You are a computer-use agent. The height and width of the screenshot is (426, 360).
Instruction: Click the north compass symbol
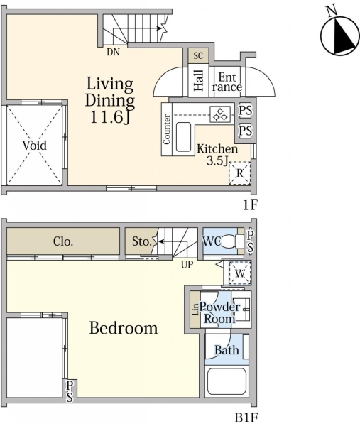[x=339, y=35]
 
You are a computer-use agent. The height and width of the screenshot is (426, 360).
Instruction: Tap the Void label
[x=35, y=146]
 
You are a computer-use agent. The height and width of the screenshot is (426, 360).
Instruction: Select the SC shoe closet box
[x=198, y=55]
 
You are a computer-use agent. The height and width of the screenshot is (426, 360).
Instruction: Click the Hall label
[x=198, y=80]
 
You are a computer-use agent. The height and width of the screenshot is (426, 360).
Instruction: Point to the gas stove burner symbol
[x=220, y=114]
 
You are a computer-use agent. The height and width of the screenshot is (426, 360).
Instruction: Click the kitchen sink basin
[x=183, y=136]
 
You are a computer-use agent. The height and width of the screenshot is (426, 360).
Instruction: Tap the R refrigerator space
[x=239, y=173]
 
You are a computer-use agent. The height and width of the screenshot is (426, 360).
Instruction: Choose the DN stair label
[x=113, y=52]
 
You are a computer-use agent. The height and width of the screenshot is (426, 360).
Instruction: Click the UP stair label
[x=187, y=264]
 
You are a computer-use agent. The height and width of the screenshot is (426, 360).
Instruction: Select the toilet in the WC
[x=234, y=241]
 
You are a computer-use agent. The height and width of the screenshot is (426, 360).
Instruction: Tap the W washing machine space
[x=239, y=273]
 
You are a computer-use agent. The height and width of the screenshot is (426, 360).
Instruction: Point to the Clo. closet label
[x=63, y=241]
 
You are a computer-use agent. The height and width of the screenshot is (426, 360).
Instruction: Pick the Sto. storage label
[x=141, y=241]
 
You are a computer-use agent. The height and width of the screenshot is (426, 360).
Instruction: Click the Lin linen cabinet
[x=195, y=309]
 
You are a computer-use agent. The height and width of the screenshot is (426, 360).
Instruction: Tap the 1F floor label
[x=250, y=204]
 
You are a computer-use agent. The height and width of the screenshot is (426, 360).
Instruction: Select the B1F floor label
[x=246, y=417]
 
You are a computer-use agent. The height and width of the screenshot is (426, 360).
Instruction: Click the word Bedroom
[x=124, y=328]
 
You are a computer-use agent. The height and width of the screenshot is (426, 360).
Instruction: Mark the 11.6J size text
[x=110, y=117]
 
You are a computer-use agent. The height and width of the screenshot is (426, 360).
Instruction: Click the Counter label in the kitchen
[x=167, y=129]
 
